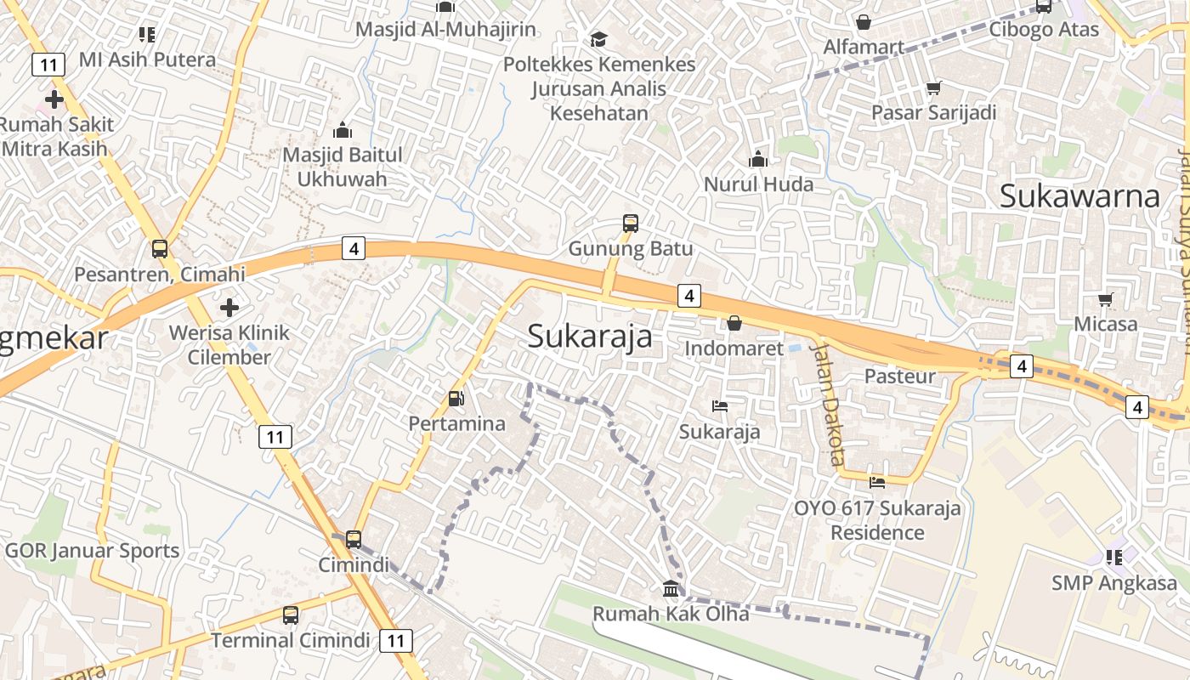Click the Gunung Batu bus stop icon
click(x=630, y=224)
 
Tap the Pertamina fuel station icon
click(x=456, y=398)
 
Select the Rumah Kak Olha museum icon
click(x=671, y=588)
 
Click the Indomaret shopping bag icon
click(x=734, y=323)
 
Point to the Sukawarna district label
click(x=1079, y=195)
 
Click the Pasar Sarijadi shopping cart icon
click(x=933, y=88)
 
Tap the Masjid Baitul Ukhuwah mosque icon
click(x=343, y=130)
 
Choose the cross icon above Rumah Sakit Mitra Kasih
click(x=54, y=99)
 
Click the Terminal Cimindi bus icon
click(x=291, y=615)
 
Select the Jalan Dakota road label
click(x=827, y=404)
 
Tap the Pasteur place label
click(x=899, y=376)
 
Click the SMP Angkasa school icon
click(x=1114, y=558)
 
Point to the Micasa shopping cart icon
click(x=1105, y=299)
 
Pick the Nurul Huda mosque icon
click(x=757, y=159)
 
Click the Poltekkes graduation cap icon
click(x=598, y=39)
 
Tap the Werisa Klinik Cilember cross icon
click(x=229, y=307)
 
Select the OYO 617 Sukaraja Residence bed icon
click(x=877, y=483)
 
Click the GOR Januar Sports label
click(x=92, y=551)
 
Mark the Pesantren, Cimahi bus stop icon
click(x=159, y=249)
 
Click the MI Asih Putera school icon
click(x=147, y=35)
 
